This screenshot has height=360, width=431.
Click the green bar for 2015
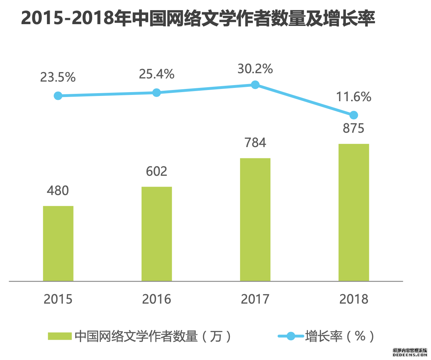[x=58, y=243]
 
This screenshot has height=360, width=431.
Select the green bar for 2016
[x=157, y=234]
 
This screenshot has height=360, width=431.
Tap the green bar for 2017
[x=255, y=220]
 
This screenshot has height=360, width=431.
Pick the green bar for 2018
[x=354, y=212]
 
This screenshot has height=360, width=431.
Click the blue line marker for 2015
[x=58, y=96]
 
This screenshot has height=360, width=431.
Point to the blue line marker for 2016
[x=157, y=92]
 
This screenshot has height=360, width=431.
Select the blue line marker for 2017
[x=255, y=85]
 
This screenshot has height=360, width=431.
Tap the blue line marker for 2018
[x=354, y=115]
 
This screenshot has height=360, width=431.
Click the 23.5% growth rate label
[x=58, y=77]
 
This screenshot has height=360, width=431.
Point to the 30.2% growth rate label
[x=255, y=69]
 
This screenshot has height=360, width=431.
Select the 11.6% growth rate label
[x=354, y=97]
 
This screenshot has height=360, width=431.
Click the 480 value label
[x=58, y=191]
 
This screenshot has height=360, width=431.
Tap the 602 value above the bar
[x=157, y=171]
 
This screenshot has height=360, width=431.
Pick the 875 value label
[x=354, y=129]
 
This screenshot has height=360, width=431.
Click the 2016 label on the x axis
[x=157, y=299]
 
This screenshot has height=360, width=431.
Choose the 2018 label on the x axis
[x=354, y=299]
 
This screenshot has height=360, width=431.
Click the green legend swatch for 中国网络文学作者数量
[x=60, y=337]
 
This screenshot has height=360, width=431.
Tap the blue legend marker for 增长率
[x=290, y=337]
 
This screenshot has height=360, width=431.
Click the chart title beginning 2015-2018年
[x=198, y=18]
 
